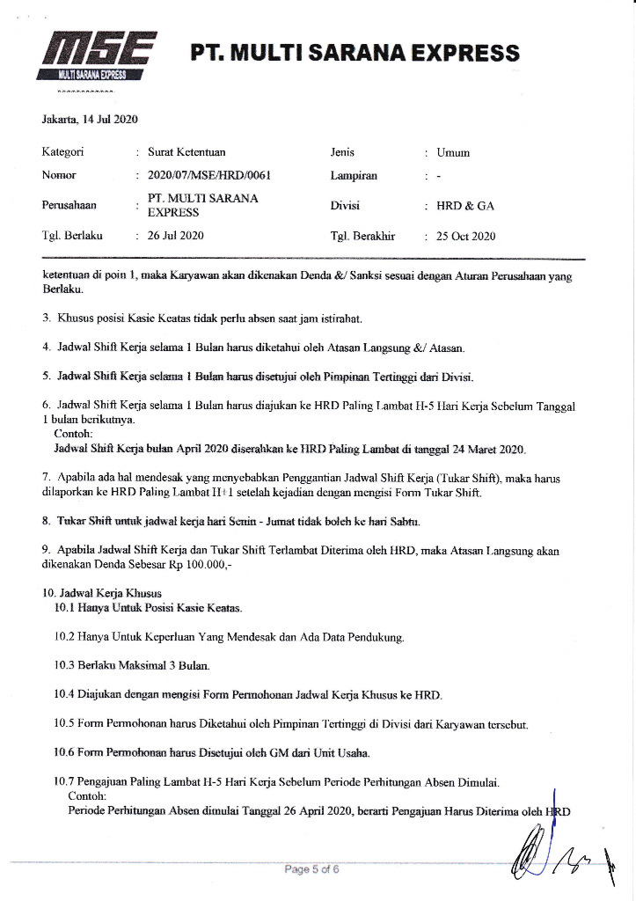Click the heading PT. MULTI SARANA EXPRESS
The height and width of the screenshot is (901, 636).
tap(355, 54)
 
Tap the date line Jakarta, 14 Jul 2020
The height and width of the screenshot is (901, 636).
tap(90, 120)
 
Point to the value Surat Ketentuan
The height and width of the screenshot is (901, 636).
tap(188, 152)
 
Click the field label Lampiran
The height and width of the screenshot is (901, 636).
tap(354, 175)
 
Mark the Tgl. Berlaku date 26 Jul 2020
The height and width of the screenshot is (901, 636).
tap(176, 236)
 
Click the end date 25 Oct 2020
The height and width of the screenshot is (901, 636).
tap(466, 236)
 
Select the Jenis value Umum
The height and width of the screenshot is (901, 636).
tap(453, 152)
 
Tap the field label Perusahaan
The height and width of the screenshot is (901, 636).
tap(69, 206)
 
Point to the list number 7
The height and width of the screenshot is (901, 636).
tap(46, 477)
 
